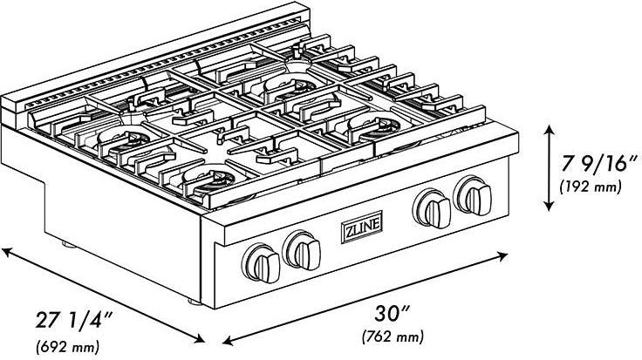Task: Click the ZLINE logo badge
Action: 361,227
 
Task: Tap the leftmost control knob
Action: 261,263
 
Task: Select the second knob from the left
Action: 302,250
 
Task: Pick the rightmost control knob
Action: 473,196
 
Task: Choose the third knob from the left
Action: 432,208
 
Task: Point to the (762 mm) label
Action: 393,336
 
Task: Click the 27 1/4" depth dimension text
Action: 73,320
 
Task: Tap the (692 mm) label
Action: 68,347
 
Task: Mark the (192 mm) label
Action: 591,187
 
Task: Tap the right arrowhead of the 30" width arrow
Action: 503,256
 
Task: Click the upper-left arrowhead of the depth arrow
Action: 6,252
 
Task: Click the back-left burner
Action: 124,139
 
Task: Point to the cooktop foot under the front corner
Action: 195,302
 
